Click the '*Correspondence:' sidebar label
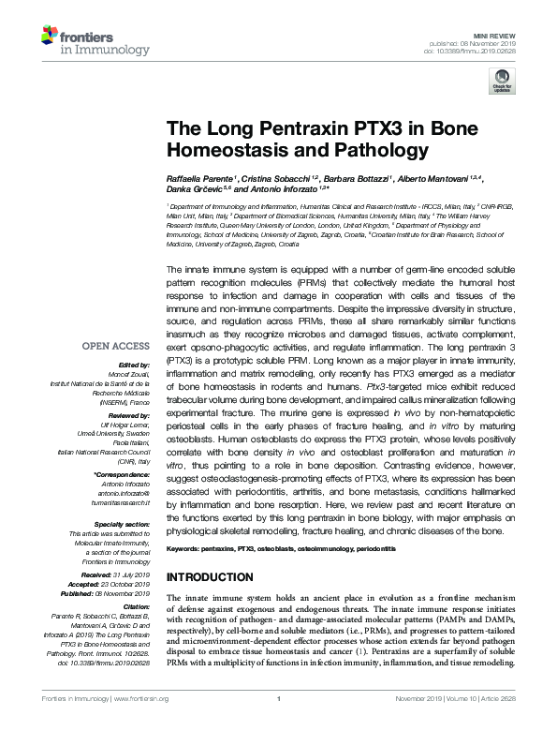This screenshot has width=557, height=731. coord(125,450)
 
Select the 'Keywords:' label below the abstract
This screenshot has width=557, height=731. coord(184,546)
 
